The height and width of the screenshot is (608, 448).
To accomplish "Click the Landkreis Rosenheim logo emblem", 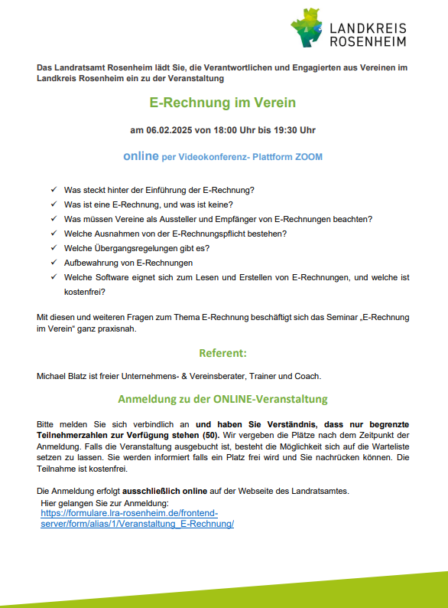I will pyautogui.click(x=307, y=27).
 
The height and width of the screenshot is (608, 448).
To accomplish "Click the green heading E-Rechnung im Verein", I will pyautogui.click(x=222, y=102).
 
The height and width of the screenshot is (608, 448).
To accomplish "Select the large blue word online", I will pyautogui.click(x=140, y=156).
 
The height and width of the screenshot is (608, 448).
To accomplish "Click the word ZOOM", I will pyautogui.click(x=308, y=157).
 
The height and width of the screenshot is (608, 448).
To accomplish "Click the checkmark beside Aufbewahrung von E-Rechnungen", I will pyautogui.click(x=54, y=262).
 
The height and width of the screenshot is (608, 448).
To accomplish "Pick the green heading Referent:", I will pyautogui.click(x=222, y=353).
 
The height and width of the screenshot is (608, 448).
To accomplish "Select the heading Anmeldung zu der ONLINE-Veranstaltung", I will pyautogui.click(x=222, y=400).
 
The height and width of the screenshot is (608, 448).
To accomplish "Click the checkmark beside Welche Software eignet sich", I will pyautogui.click(x=54, y=277).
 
